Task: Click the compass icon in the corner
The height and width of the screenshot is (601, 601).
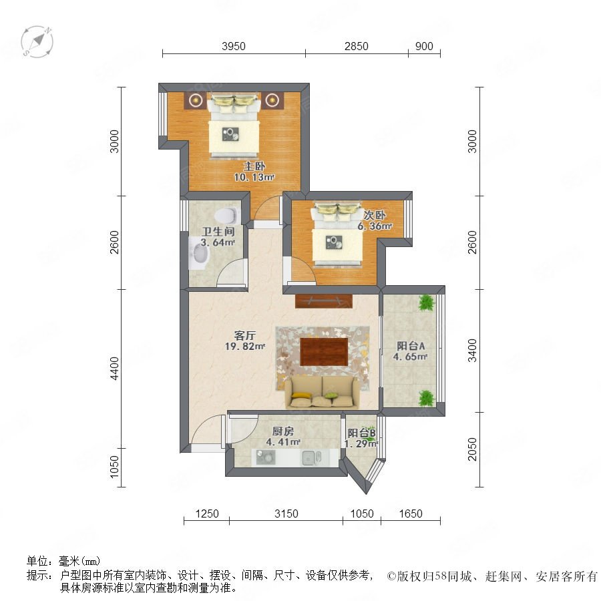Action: click(x=37, y=41)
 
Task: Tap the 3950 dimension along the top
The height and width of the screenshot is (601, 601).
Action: click(x=234, y=46)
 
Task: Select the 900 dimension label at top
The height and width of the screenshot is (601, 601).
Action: click(x=424, y=46)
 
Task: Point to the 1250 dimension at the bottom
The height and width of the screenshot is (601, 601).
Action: click(x=207, y=514)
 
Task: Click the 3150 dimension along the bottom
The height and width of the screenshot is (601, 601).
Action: click(x=286, y=514)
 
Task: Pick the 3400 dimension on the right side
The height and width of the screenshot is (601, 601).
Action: click(x=472, y=351)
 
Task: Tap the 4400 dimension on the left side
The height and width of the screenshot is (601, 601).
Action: click(x=114, y=369)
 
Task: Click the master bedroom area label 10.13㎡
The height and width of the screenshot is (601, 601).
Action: click(x=254, y=177)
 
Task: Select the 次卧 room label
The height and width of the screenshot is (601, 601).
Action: click(x=375, y=216)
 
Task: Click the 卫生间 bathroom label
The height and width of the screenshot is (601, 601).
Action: click(x=218, y=232)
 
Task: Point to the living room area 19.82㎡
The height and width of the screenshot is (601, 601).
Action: click(x=245, y=347)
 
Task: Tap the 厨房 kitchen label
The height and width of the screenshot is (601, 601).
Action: click(x=283, y=431)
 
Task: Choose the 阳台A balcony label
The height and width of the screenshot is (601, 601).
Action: click(x=411, y=346)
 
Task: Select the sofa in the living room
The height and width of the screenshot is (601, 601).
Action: click(x=322, y=392)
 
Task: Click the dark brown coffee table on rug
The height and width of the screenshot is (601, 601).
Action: click(x=325, y=351)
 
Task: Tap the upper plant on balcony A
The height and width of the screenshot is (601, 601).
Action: click(x=426, y=303)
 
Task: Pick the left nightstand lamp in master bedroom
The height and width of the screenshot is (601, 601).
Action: click(x=196, y=100)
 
